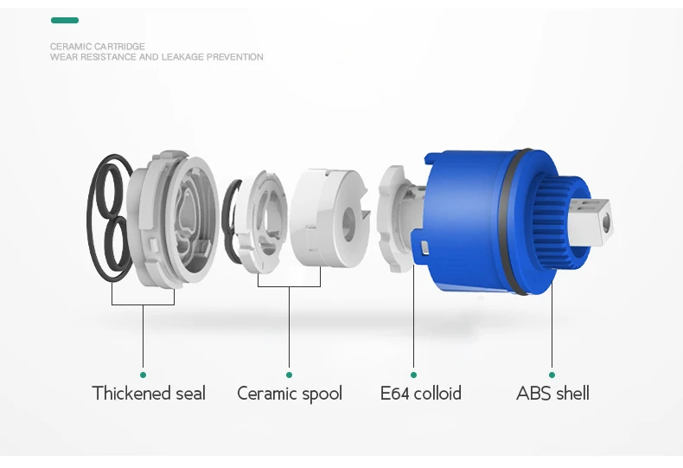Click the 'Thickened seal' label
tap(149, 394)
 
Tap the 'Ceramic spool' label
tap(290, 394)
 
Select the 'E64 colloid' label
tap(421, 394)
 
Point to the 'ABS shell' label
tap(552, 394)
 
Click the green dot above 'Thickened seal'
tap(143, 375)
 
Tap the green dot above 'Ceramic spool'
tap(290, 375)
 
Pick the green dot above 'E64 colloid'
tap(414, 375)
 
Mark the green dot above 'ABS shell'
tap(552, 375)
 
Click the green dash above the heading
tap(65, 20)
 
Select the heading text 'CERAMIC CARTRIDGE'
tap(98, 46)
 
